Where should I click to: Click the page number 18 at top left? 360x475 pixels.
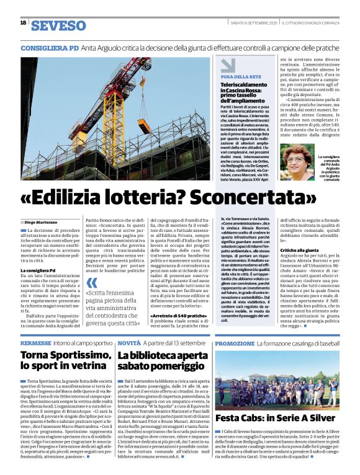pyautogui.click(x=23, y=23)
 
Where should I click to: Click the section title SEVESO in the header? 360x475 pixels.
pyautogui.click(x=58, y=25)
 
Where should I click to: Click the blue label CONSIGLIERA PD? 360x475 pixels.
pyautogui.click(x=50, y=48)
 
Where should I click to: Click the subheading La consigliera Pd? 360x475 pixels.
pyautogui.click(x=38, y=270)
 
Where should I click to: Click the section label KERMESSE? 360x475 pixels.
pyautogui.click(x=35, y=343)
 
